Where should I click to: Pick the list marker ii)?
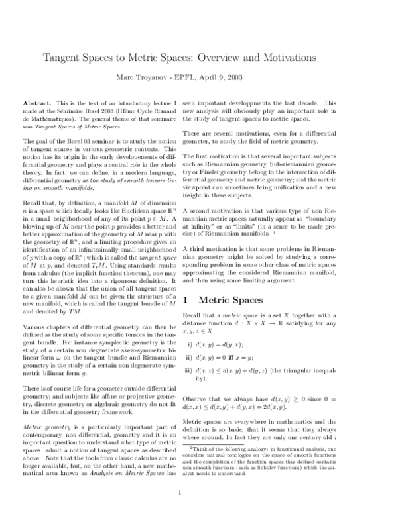(190, 358)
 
